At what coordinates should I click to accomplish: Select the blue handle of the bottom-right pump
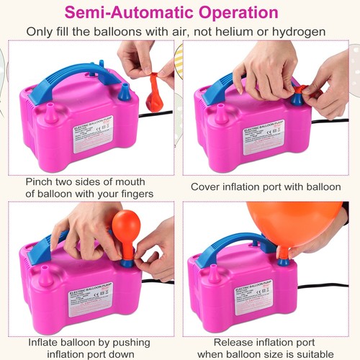[238, 248]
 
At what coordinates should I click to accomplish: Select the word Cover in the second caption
[207, 186]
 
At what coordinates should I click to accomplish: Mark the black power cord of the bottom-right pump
[324, 286]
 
